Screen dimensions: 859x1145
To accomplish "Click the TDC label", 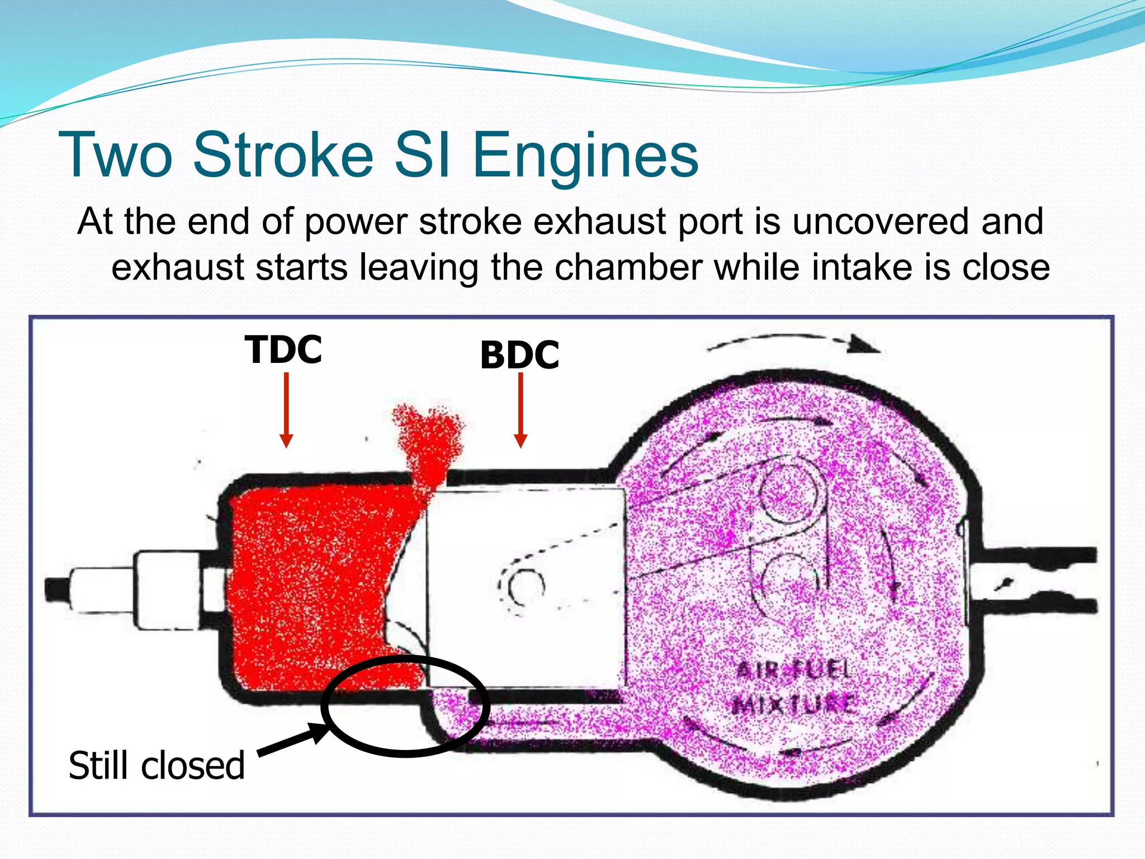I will pyautogui.click(x=283, y=350).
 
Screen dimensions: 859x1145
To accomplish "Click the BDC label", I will pyautogui.click(x=519, y=355).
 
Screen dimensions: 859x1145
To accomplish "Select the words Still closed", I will pyautogui.click(x=157, y=766).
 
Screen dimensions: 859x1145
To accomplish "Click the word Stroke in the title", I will pyautogui.click(x=283, y=155).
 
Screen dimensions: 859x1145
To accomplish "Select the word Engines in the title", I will pyautogui.click(x=585, y=155).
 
